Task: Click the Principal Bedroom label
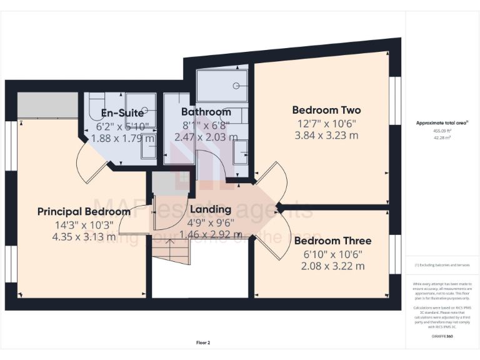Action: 84,211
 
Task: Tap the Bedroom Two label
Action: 326,110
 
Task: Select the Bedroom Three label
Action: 332,241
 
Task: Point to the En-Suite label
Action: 123,113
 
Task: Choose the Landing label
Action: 211,209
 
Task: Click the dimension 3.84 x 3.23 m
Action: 326,135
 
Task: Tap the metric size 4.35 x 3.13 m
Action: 84,236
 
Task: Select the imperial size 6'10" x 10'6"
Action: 332,254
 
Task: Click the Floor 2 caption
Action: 202,342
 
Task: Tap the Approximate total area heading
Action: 442,123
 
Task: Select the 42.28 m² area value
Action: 442,138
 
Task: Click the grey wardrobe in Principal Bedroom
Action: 47,104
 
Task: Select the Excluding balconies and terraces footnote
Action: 442,265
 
